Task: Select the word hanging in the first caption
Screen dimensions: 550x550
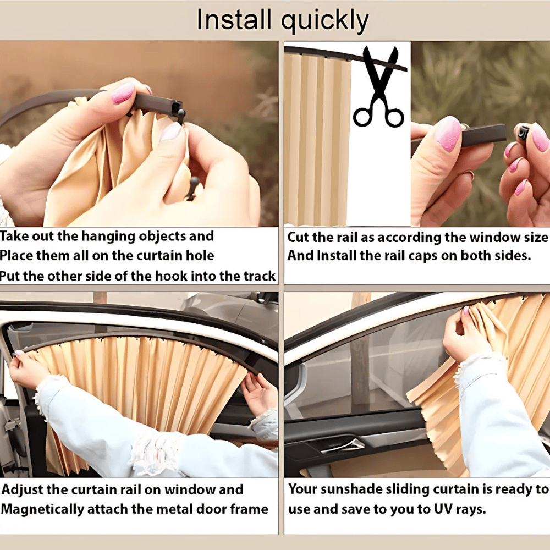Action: pyautogui.click(x=107, y=237)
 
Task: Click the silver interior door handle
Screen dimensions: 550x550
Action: pyautogui.click(x=343, y=444)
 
